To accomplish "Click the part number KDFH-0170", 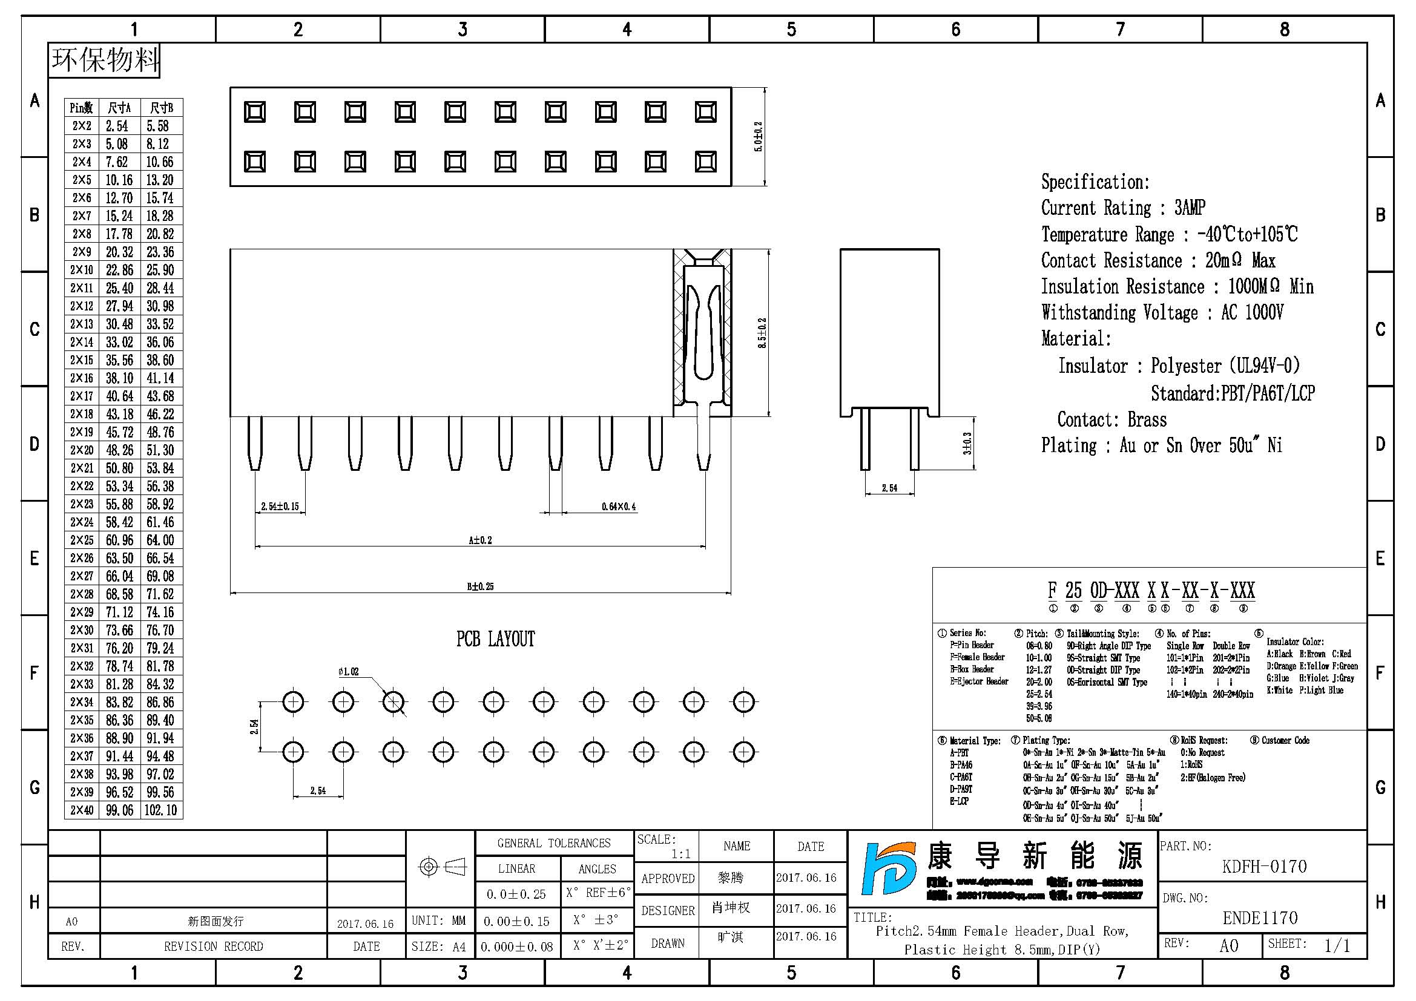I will (1263, 867).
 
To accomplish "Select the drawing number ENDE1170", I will (1260, 919).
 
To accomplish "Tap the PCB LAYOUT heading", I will (495, 639).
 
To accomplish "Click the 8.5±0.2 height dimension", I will (762, 333).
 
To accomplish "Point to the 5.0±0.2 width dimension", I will (759, 136).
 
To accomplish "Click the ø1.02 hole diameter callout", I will (349, 672).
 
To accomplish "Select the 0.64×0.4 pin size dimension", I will (619, 507).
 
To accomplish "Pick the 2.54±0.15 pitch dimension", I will (279, 507).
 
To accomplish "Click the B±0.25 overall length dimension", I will (480, 586).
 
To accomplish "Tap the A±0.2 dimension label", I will (480, 540).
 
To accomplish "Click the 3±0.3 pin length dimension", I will (967, 443).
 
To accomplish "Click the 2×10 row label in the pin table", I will (81, 270).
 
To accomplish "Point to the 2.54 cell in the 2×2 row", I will (117, 126).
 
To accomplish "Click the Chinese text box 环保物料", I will (104, 61).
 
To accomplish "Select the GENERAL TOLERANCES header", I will (553, 843).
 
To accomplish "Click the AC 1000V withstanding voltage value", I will (1252, 312).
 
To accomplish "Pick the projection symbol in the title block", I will (441, 867).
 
